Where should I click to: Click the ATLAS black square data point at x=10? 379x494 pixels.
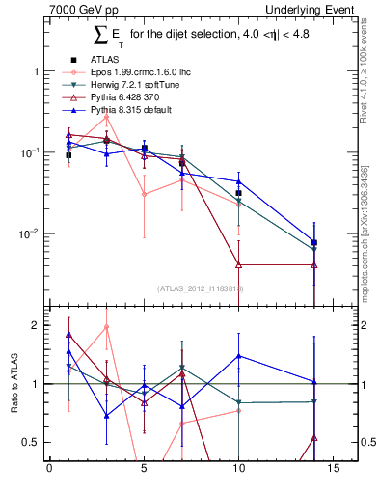[x=239, y=193]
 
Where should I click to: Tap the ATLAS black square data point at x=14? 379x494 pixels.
[x=314, y=242]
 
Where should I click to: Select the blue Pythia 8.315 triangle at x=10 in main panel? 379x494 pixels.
[x=239, y=181]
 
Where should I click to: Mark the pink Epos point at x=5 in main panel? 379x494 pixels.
[x=144, y=194]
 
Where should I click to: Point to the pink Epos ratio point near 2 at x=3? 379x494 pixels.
[x=106, y=327]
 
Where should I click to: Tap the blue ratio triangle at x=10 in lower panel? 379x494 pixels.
[x=239, y=356]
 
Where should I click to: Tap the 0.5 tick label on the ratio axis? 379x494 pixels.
[x=29, y=442]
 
